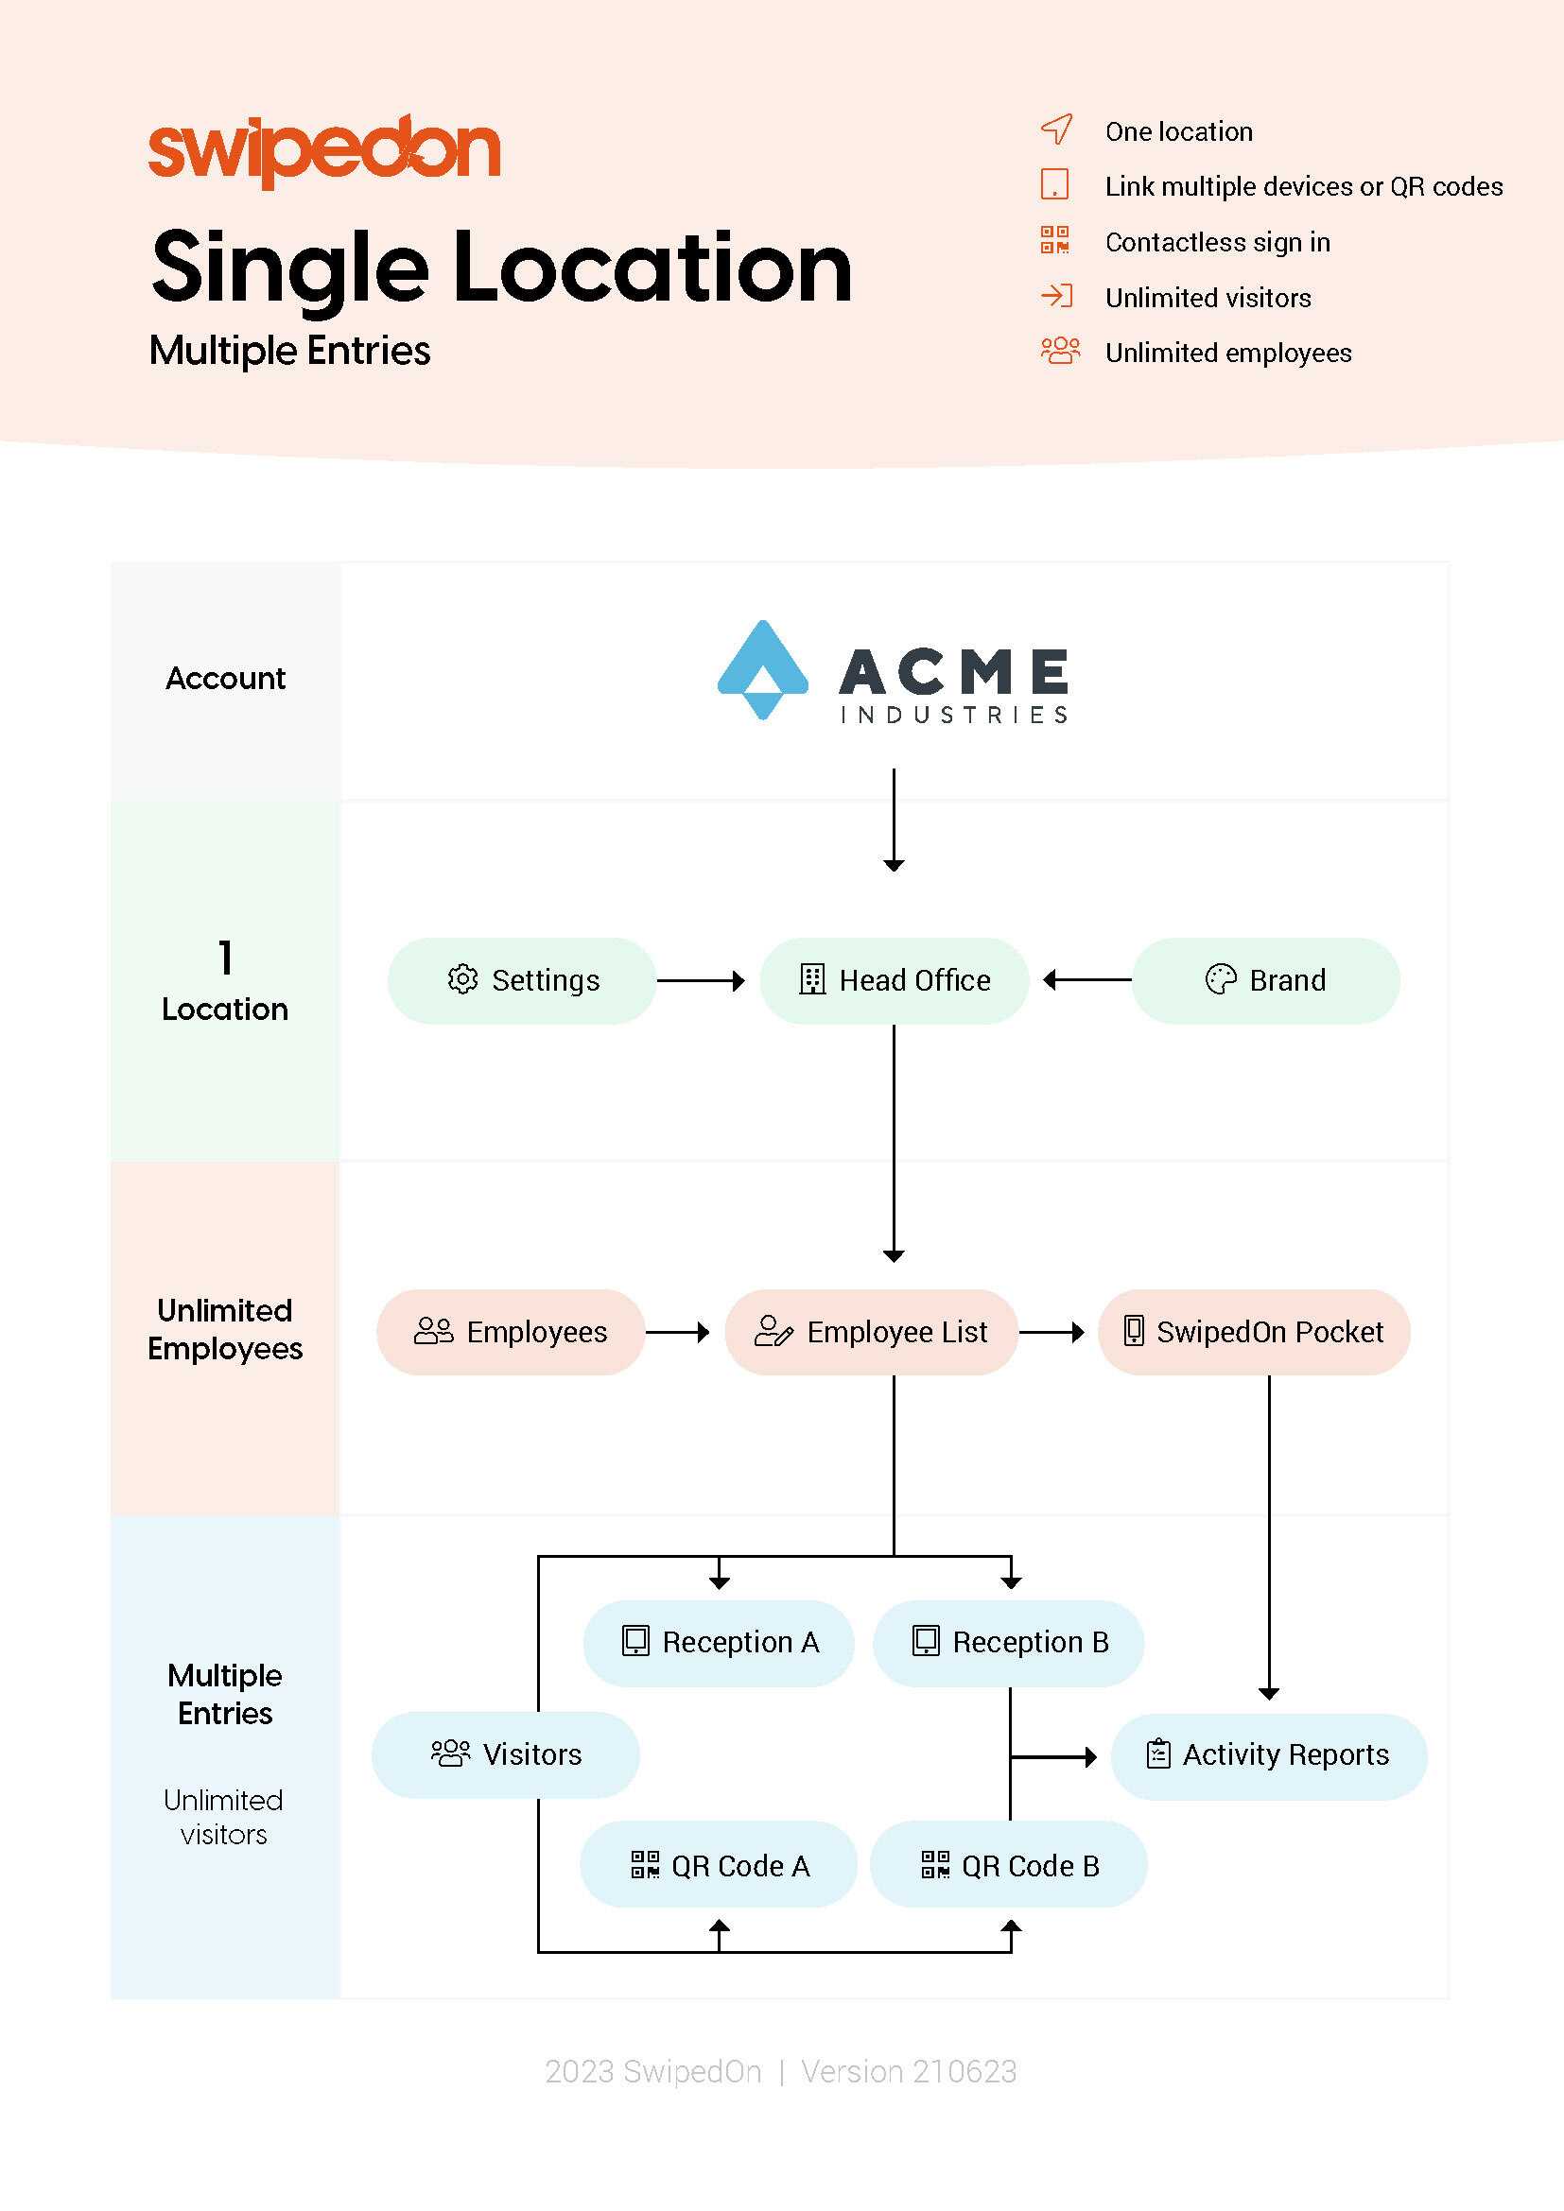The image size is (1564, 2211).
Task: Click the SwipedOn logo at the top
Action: coord(324,150)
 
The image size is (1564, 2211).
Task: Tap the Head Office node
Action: coord(894,980)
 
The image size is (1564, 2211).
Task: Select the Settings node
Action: coord(522,980)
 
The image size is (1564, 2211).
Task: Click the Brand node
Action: coord(1265,980)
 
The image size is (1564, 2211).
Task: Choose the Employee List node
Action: coord(872,1332)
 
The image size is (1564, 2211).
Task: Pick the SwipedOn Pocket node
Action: coord(1254,1332)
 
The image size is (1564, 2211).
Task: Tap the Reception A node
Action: coord(719,1643)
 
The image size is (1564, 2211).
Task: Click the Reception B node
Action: coord(1008,1643)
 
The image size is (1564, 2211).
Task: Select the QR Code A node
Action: coord(719,1864)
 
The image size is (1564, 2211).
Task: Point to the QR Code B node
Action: coord(1008,1864)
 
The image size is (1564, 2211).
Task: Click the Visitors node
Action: coord(506,1754)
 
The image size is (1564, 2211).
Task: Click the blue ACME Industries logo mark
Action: coord(763,669)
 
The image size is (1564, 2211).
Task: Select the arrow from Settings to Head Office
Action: coord(701,980)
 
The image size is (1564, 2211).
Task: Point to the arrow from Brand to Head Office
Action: coord(1087,980)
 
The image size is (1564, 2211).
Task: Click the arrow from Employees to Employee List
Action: coord(678,1332)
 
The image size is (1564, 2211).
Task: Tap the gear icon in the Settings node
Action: coord(463,979)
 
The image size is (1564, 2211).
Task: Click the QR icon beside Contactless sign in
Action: coord(1054,240)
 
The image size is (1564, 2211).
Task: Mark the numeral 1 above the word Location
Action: coord(225,958)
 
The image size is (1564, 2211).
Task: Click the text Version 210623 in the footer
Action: coord(908,2071)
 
